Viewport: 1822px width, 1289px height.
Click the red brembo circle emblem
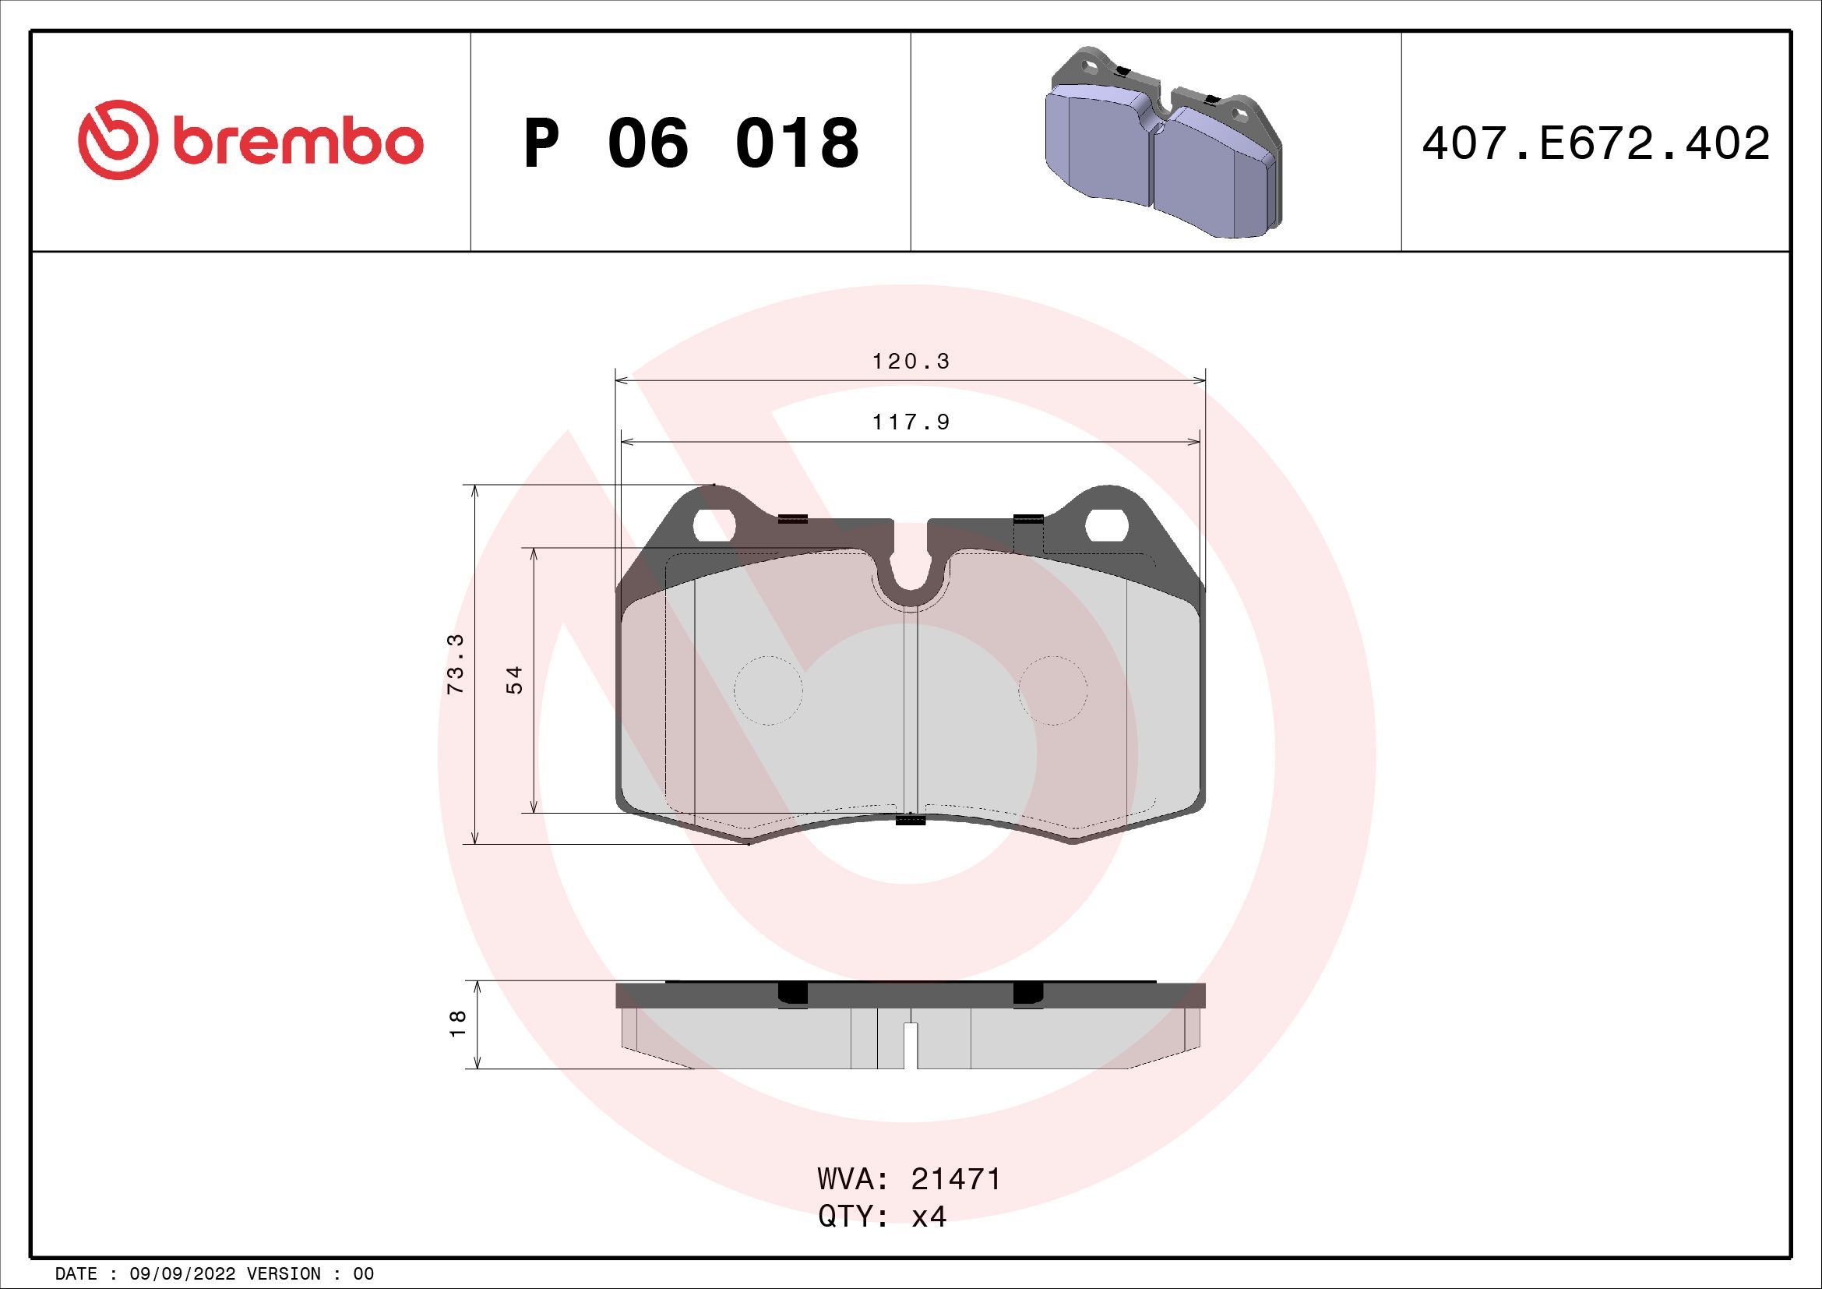pos(115,139)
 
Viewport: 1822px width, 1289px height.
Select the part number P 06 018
pos(690,143)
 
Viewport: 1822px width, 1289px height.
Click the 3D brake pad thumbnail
pos(1162,143)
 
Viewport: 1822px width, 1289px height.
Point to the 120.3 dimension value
pos(911,362)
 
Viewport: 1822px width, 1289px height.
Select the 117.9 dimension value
pos(911,422)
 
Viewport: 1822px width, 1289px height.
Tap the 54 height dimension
pos(515,680)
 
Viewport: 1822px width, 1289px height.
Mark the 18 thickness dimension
pos(458,1024)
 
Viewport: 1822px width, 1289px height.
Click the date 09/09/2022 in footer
pos(181,1274)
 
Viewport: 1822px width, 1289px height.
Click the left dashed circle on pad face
pos(768,690)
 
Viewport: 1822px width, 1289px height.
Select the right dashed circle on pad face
pos(1053,690)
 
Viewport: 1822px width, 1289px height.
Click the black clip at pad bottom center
pos(911,820)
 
